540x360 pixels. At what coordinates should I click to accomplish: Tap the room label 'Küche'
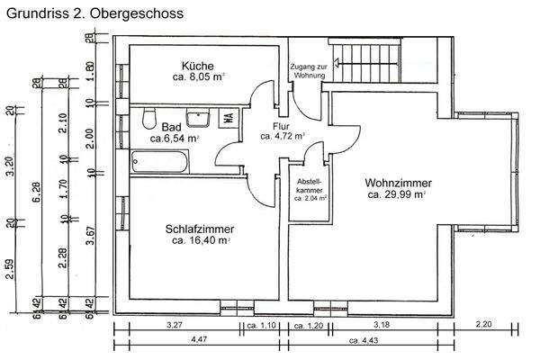197,66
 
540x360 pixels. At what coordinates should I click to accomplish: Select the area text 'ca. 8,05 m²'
198,78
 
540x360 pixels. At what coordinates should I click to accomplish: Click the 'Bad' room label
171,126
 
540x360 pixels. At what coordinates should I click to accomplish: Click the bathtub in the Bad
161,163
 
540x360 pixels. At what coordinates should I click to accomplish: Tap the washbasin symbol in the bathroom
197,117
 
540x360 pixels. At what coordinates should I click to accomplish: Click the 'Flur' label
282,126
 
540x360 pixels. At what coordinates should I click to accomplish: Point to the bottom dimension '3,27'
175,324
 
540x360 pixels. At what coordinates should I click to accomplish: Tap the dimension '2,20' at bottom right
483,324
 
